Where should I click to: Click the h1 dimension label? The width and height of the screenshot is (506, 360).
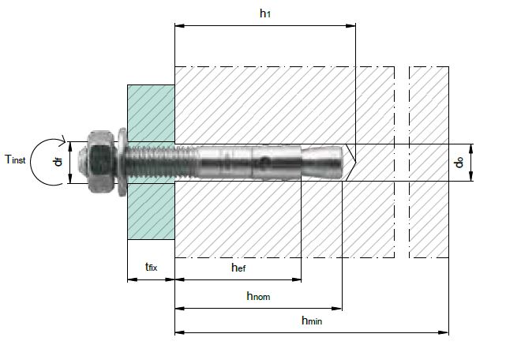point(265,13)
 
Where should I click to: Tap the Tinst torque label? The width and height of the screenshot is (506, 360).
point(15,159)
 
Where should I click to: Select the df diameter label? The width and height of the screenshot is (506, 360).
point(58,161)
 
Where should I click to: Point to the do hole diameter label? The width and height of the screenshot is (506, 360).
point(459,162)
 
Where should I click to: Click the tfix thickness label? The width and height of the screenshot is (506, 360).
point(151,267)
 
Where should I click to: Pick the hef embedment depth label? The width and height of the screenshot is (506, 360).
point(238,268)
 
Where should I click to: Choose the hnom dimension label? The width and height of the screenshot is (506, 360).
point(258,296)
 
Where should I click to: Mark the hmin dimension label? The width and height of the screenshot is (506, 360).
point(312,321)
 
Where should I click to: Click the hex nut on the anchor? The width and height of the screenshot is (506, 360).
point(101,161)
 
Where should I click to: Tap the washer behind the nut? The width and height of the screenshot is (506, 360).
point(122,162)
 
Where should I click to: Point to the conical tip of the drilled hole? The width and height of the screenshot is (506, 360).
point(350,163)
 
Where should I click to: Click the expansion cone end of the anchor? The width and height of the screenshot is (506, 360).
point(322,162)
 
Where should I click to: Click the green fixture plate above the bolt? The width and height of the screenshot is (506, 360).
point(151,113)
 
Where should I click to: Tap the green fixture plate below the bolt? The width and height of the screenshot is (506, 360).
point(151,212)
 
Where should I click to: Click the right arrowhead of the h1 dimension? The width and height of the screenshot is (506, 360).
point(350,25)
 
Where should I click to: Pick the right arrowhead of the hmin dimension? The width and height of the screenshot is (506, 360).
point(444,332)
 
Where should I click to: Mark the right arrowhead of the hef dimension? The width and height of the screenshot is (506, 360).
point(297,279)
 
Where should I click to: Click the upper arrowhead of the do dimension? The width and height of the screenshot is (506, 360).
point(470,149)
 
